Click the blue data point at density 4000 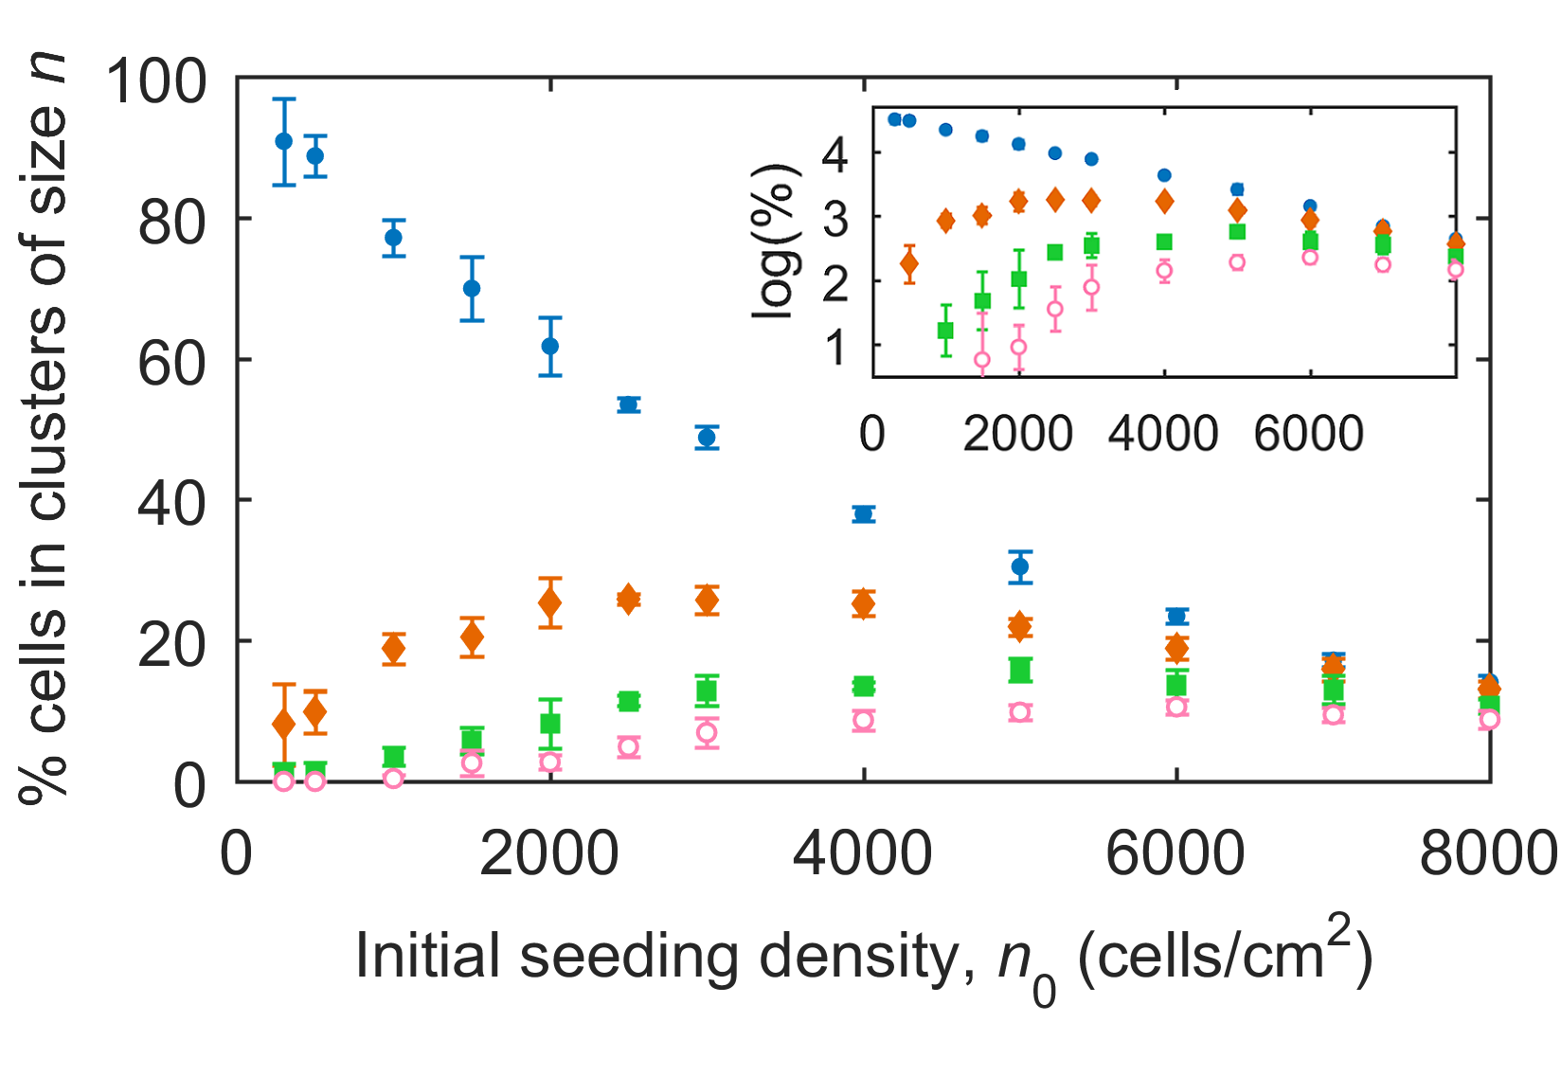point(863,514)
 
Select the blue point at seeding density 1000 point(394,238)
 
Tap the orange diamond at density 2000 point(550,602)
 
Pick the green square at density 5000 point(1020,671)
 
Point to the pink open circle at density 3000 point(707,732)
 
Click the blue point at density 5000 point(1020,566)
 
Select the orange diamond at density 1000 point(394,649)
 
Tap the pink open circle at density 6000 point(1176,707)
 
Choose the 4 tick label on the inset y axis point(835,153)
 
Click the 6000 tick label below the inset point(1308,434)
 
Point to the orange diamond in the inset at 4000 point(1164,201)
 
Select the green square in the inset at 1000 point(945,331)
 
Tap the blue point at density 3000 point(707,438)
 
